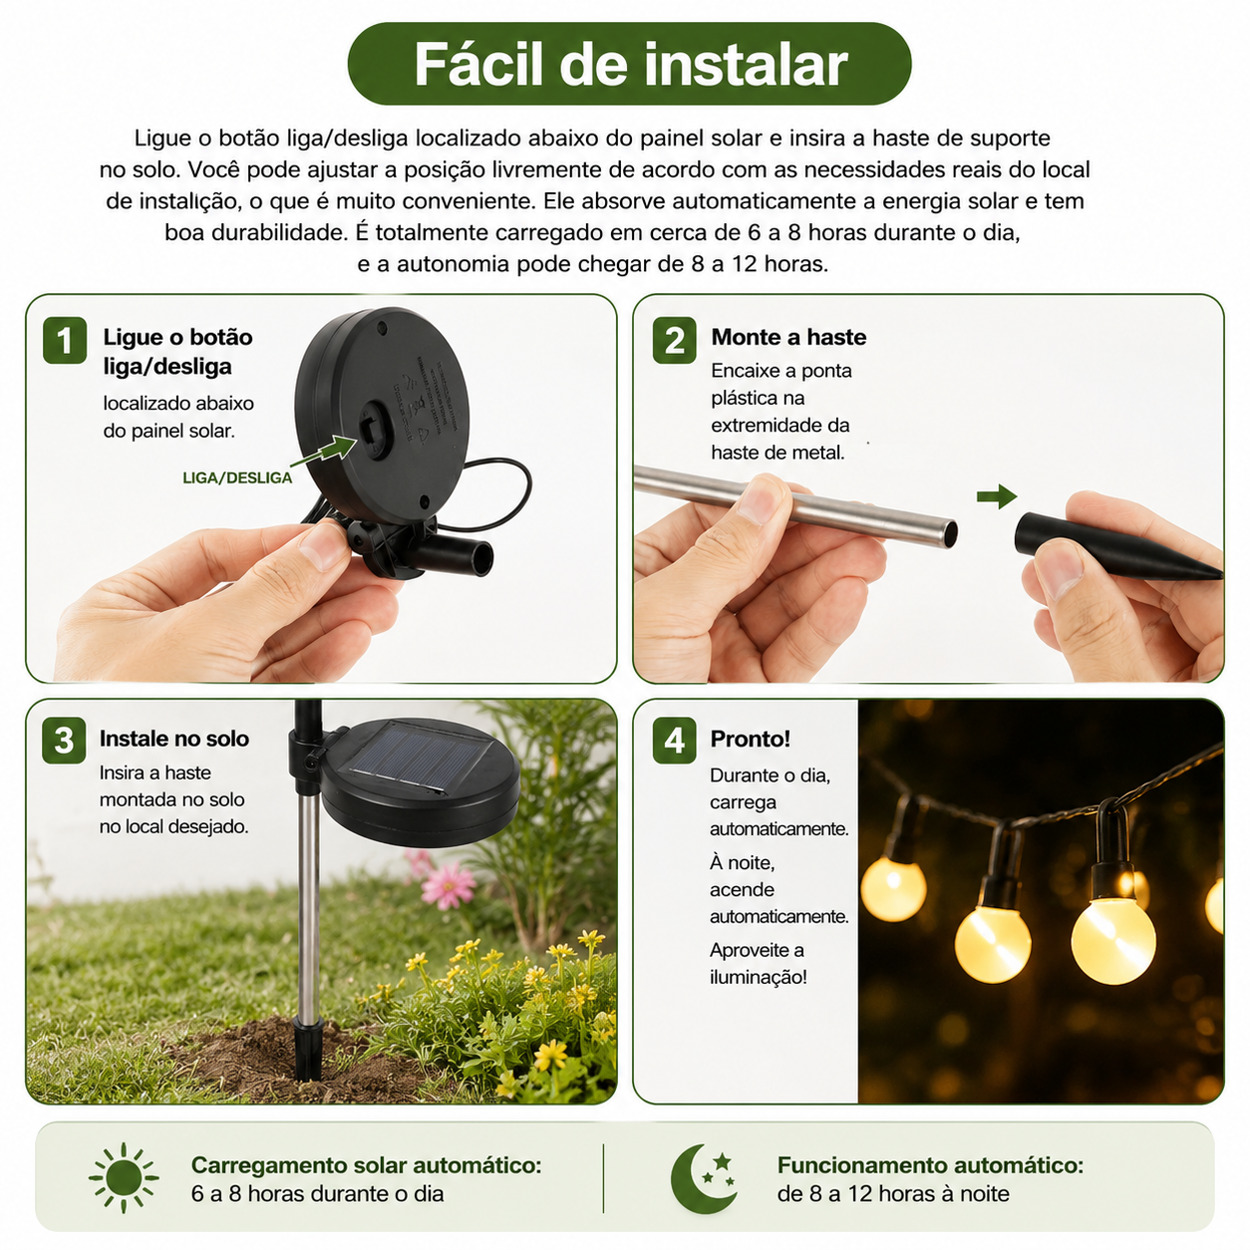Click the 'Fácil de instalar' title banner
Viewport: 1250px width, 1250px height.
click(x=629, y=64)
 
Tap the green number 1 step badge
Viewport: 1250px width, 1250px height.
click(x=65, y=340)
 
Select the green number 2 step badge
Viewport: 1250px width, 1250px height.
click(x=674, y=340)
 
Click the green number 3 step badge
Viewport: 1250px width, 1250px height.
click(x=64, y=741)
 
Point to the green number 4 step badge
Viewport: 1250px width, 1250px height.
click(x=674, y=741)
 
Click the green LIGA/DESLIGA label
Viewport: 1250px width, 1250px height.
click(x=237, y=477)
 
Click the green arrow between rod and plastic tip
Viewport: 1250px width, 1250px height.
click(x=997, y=496)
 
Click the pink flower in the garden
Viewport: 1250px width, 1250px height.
click(x=448, y=885)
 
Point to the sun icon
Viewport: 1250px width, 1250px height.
click(x=124, y=1178)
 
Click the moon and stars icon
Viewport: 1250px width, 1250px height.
click(x=704, y=1178)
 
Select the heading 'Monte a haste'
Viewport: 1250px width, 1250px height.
click(x=788, y=337)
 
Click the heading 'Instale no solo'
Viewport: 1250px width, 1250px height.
click(x=173, y=739)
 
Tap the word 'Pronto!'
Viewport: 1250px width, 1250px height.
click(x=750, y=739)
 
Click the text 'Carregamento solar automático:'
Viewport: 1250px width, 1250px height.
click(x=366, y=1165)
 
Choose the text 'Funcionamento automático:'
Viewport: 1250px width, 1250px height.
click(x=930, y=1165)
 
